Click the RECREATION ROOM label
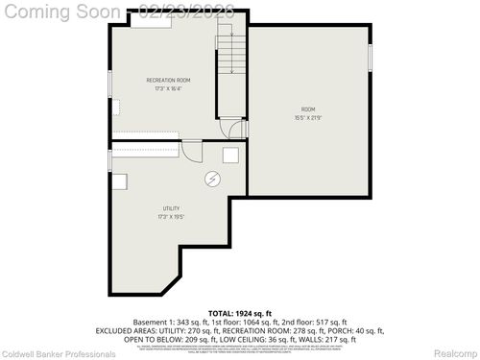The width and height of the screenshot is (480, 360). pos(168,80)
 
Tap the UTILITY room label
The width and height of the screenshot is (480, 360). pos(171,208)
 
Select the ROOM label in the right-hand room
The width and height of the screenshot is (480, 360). pos(307,109)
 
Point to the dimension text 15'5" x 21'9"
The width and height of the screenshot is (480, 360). pos(307,118)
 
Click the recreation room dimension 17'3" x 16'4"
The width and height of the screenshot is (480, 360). pos(168,88)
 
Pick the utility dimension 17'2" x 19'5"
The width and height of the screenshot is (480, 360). pos(171,217)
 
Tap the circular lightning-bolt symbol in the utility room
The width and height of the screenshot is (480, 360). pos(212,179)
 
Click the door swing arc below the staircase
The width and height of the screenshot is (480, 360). pos(230,127)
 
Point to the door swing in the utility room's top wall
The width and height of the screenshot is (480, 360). pos(192,150)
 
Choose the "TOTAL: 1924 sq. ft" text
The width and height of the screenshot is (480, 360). pos(240,313)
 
